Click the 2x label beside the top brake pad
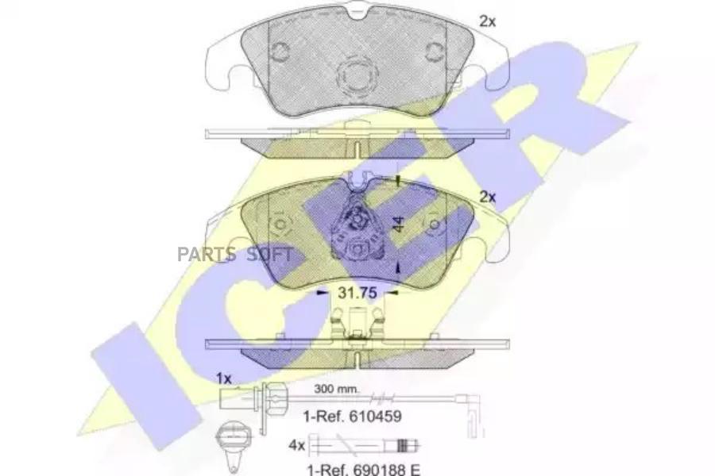487,21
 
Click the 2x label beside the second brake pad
487,197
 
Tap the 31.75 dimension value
357,293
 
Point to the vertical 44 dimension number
399,224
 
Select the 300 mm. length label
337,389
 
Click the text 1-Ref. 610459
353,416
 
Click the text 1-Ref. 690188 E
363,469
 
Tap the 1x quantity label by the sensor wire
224,378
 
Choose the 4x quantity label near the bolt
296,445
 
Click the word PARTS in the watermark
207,254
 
